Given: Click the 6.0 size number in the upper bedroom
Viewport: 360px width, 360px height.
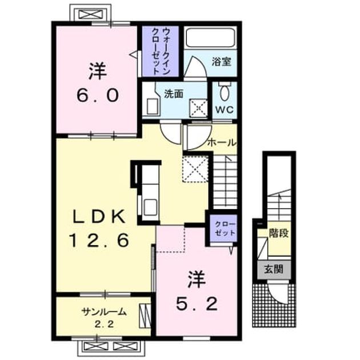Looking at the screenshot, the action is click(x=98, y=95).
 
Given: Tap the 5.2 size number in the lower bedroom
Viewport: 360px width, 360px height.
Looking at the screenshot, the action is click(x=197, y=304).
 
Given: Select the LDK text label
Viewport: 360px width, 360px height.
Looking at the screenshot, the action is click(x=99, y=217).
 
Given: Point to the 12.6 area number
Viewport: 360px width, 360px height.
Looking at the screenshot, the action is click(x=99, y=240).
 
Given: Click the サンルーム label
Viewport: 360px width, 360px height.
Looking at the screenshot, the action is click(x=104, y=312).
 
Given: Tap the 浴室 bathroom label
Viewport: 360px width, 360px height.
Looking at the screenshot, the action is click(x=221, y=62).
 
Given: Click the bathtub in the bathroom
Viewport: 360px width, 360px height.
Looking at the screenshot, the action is click(x=210, y=37).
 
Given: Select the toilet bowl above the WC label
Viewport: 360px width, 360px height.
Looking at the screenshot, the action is click(x=225, y=91).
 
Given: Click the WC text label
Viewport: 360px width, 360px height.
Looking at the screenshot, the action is click(x=225, y=109).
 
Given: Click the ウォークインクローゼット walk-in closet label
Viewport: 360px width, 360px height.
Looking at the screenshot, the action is click(x=161, y=51).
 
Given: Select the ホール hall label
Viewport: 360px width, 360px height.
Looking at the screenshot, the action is click(x=222, y=143).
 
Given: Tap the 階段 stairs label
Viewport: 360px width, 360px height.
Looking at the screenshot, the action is click(x=278, y=233).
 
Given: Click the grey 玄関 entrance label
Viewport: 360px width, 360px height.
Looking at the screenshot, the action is click(x=274, y=269).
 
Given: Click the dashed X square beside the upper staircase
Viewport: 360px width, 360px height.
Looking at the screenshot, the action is click(x=195, y=169).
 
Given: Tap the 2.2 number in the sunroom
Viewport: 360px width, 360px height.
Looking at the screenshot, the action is click(x=105, y=325).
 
